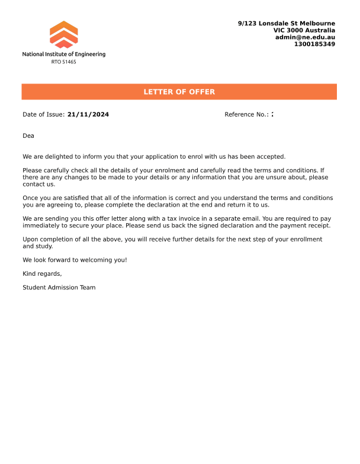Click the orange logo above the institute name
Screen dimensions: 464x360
coord(64,34)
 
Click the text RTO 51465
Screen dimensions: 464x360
coord(63,62)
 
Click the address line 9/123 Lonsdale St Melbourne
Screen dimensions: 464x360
coord(286,23)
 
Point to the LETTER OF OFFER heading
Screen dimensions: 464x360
coord(179,92)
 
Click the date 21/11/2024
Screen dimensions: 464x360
coord(88,114)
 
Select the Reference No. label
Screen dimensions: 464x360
coord(246,114)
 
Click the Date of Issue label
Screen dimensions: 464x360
coord(43,114)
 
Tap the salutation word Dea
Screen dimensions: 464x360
coord(28,136)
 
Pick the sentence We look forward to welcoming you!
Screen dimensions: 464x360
coord(75,260)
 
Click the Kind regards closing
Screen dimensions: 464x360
coord(42,273)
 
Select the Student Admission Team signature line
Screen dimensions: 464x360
coord(59,288)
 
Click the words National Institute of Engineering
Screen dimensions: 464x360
coord(64,54)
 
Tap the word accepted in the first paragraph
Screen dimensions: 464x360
coord(271,157)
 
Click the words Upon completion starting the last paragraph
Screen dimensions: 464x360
coord(47,239)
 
